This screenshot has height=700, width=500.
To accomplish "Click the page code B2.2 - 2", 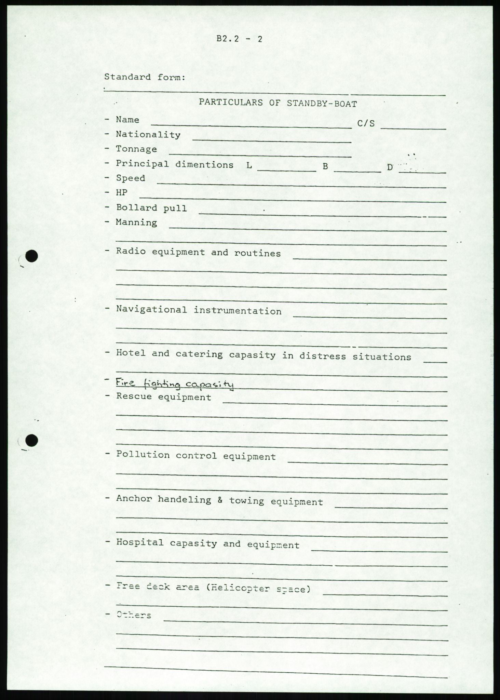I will pos(239,39).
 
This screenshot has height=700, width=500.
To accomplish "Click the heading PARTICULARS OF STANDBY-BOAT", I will pos(278,103).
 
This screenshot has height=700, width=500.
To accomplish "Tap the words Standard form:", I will pos(145,77).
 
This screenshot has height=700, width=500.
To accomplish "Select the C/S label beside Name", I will pos(366,123).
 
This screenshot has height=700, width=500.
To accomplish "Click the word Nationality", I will pos(148,134).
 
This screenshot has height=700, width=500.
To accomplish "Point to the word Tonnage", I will pos(136,149).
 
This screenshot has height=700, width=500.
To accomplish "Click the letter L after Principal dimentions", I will pos(249,166).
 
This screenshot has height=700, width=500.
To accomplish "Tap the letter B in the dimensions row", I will pos(325,167).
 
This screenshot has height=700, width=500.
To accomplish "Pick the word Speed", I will pos(131,178).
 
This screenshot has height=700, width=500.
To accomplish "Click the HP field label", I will pos(122,192).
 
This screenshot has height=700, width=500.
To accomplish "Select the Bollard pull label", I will pos(151,208).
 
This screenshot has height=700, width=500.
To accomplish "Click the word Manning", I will pos(136,223).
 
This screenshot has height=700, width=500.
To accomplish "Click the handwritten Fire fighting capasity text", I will pos(175,384).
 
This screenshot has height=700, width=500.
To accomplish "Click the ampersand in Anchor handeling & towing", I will pos(220,500).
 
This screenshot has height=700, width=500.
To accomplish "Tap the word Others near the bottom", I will pos(134,615).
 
